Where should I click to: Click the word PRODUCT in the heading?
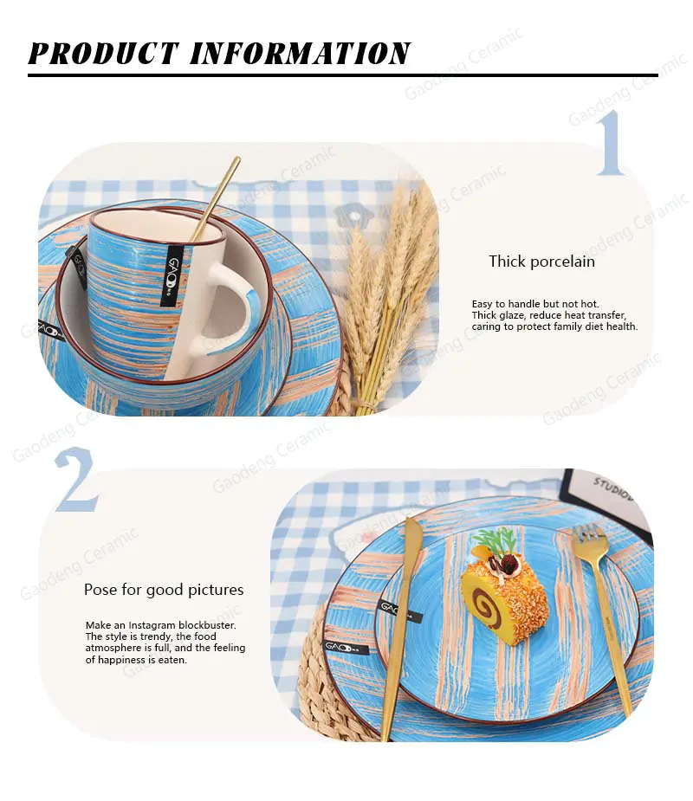click(x=103, y=53)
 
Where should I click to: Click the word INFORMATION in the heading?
click(x=301, y=53)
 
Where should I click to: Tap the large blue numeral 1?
click(x=610, y=142)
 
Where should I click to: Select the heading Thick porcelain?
click(x=541, y=262)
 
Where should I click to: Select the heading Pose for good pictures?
click(x=164, y=590)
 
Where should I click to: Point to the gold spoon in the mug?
click(x=215, y=198)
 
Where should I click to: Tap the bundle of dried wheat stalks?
click(x=388, y=296)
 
